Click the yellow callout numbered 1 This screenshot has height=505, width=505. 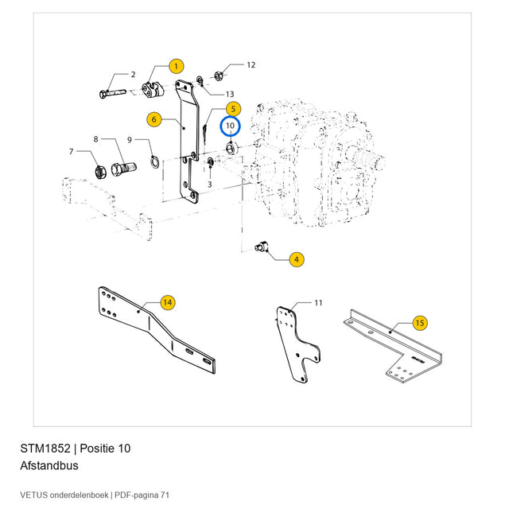coord(177,67)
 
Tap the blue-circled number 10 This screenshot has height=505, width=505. coord(231,126)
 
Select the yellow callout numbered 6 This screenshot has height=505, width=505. coord(154,119)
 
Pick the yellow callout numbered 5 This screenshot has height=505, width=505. coord(234,109)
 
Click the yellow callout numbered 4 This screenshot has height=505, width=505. coord(297,259)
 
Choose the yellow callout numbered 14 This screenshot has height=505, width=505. coord(168,302)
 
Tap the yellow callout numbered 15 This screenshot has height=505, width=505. coord(420,323)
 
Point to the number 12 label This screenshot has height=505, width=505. coord(251,65)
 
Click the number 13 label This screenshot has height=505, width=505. coord(230,94)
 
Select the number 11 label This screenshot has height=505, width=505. coord(318,303)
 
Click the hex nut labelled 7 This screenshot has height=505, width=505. coord(100,172)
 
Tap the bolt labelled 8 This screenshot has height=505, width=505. coord(124,169)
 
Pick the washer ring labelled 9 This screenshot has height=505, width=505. coord(154,161)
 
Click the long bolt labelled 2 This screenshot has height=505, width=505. coord(112,93)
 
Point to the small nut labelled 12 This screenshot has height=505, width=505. coord(219,76)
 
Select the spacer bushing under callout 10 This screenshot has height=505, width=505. coord(231,149)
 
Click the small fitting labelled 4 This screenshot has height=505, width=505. coord(262,247)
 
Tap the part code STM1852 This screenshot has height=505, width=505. coord(45,449)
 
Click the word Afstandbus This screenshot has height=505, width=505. coord(49,466)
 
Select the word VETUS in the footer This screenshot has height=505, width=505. coord(34,495)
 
